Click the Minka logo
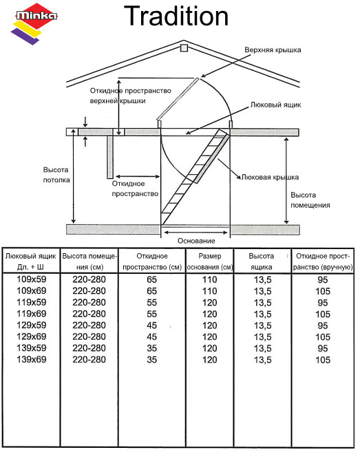click(x=34, y=23)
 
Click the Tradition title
click(x=176, y=16)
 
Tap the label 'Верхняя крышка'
click(x=273, y=50)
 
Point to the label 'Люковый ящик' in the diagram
click(x=275, y=105)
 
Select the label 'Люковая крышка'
click(x=270, y=177)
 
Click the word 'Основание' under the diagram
click(x=196, y=241)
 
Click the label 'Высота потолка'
click(x=56, y=175)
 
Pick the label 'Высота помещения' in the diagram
click(x=310, y=200)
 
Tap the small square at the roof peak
click(x=184, y=48)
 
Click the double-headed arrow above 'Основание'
click(x=196, y=232)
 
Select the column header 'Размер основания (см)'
click(x=210, y=261)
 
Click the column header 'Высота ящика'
click(x=262, y=261)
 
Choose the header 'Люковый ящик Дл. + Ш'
click(x=30, y=261)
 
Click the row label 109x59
click(x=32, y=279)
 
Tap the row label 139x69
click(x=32, y=359)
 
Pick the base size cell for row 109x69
click(x=210, y=291)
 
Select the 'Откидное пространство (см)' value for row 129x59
click(x=151, y=325)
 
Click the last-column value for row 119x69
click(x=323, y=314)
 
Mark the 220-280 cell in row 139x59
click(x=89, y=348)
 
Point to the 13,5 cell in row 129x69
click(x=263, y=336)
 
